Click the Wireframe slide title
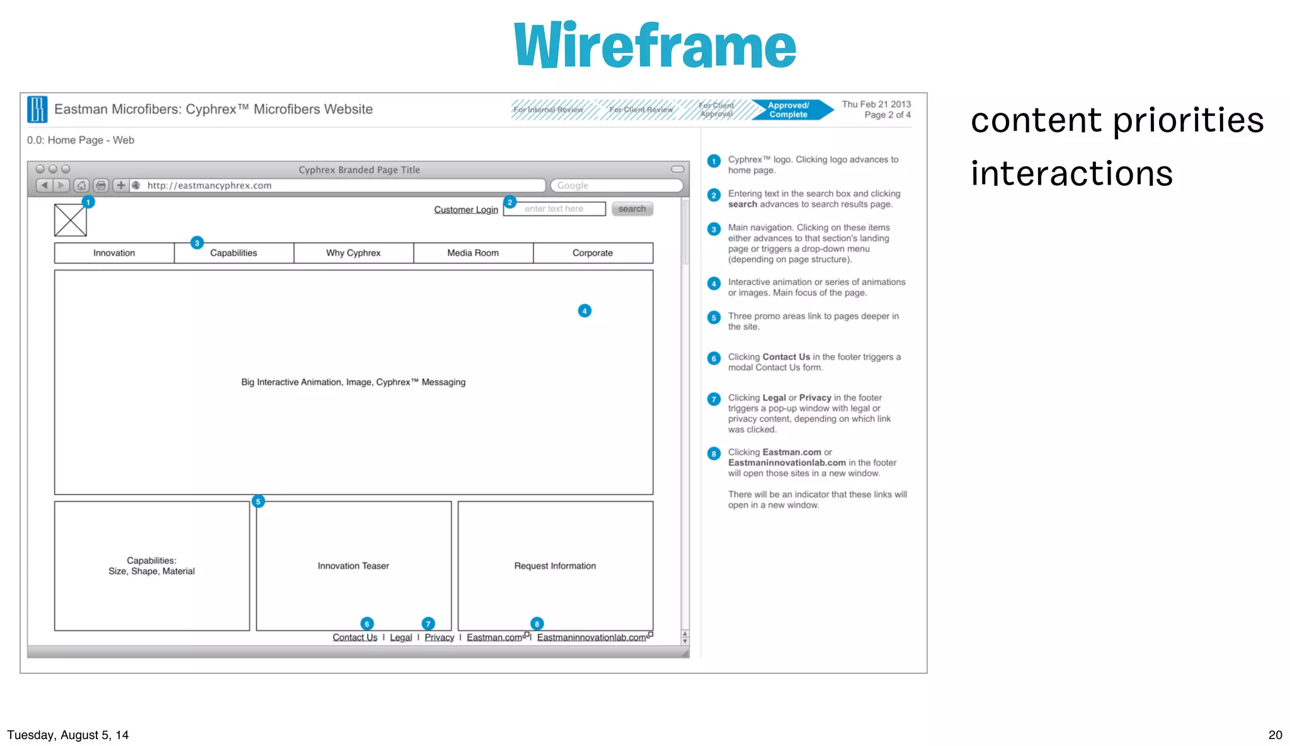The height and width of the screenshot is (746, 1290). coord(654,45)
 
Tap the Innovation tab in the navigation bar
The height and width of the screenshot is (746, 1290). coord(114,253)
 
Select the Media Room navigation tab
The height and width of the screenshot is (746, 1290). coord(472,253)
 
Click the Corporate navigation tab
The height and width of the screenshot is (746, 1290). coord(592,253)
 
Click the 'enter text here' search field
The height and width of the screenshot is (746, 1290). coord(554,209)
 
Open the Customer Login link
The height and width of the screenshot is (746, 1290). coord(465,209)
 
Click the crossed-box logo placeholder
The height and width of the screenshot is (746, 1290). coord(71,220)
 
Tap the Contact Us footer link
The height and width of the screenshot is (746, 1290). coord(355,637)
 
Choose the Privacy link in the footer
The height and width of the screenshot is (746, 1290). coord(439,637)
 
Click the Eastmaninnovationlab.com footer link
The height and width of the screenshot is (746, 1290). coord(591,637)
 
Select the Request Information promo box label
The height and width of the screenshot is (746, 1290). coord(555,566)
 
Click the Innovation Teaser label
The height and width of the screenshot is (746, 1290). coord(353,566)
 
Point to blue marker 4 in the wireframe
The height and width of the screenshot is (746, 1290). coord(585,311)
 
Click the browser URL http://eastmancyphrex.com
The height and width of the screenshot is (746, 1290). coord(209,185)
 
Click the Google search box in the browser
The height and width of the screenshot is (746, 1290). coord(616,185)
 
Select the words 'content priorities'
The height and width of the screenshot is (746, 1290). coord(1117,120)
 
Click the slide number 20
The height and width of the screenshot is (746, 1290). coord(1275,735)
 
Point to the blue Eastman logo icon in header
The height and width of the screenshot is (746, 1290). coord(37,109)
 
